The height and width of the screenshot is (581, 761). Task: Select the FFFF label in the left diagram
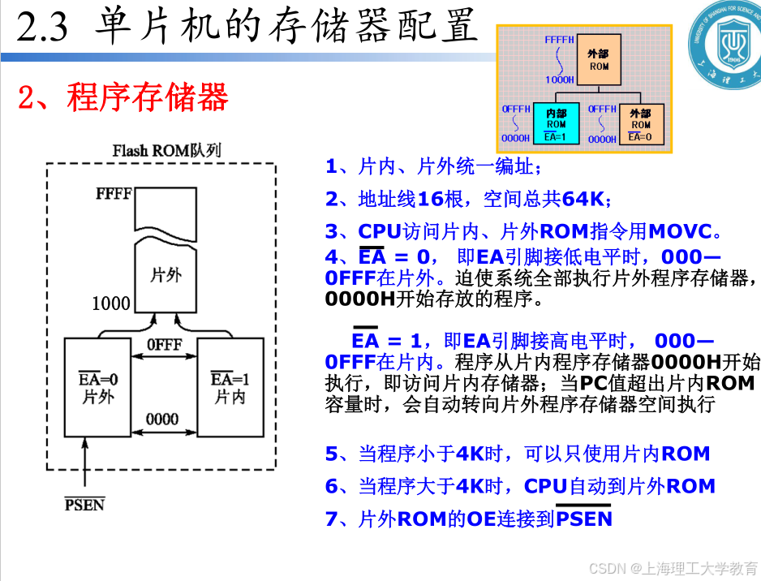(114, 194)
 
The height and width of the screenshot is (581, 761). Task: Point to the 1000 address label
(111, 303)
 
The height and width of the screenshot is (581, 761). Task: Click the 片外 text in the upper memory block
(166, 274)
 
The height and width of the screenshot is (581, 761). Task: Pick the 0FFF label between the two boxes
(164, 344)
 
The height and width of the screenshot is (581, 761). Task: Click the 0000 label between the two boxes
(162, 420)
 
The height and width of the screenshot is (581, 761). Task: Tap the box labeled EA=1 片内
(230, 388)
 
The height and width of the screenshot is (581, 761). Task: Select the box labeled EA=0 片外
(97, 388)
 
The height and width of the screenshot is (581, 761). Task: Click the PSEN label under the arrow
(84, 505)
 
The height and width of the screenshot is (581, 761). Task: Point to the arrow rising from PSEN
(84, 467)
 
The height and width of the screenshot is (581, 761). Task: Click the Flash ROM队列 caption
(166, 151)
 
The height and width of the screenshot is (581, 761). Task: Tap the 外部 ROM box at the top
(599, 59)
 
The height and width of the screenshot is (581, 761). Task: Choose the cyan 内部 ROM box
(556, 124)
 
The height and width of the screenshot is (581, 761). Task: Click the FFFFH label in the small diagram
(560, 39)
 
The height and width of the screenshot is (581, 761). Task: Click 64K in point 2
(583, 199)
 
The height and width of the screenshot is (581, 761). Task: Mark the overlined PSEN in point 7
(584, 518)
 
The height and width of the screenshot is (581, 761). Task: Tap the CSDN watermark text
(673, 567)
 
